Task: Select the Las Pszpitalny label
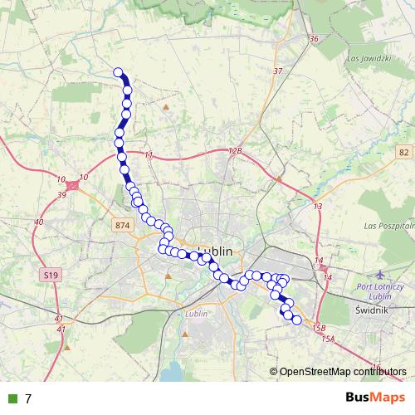tap(388, 225)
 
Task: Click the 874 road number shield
tap(124, 225)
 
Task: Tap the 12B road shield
tap(236, 151)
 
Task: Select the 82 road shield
tap(403, 152)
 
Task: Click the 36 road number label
tap(313, 39)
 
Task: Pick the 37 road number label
tap(277, 71)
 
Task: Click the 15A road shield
tap(327, 339)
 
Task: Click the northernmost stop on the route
tap(119, 72)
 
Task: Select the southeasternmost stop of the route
tap(296, 320)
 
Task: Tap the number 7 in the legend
tap(28, 398)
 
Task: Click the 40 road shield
tap(38, 222)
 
